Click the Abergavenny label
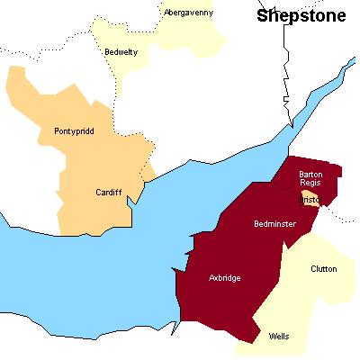click(x=187, y=12)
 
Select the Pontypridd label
click(x=74, y=130)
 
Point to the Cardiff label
click(x=108, y=192)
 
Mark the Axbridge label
click(x=224, y=278)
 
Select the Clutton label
click(x=324, y=269)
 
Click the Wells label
click(x=279, y=337)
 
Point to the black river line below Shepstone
click(x=288, y=81)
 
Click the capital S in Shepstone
click(x=262, y=15)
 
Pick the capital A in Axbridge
click(x=211, y=278)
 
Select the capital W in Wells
click(x=272, y=337)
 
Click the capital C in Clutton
click(x=313, y=269)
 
